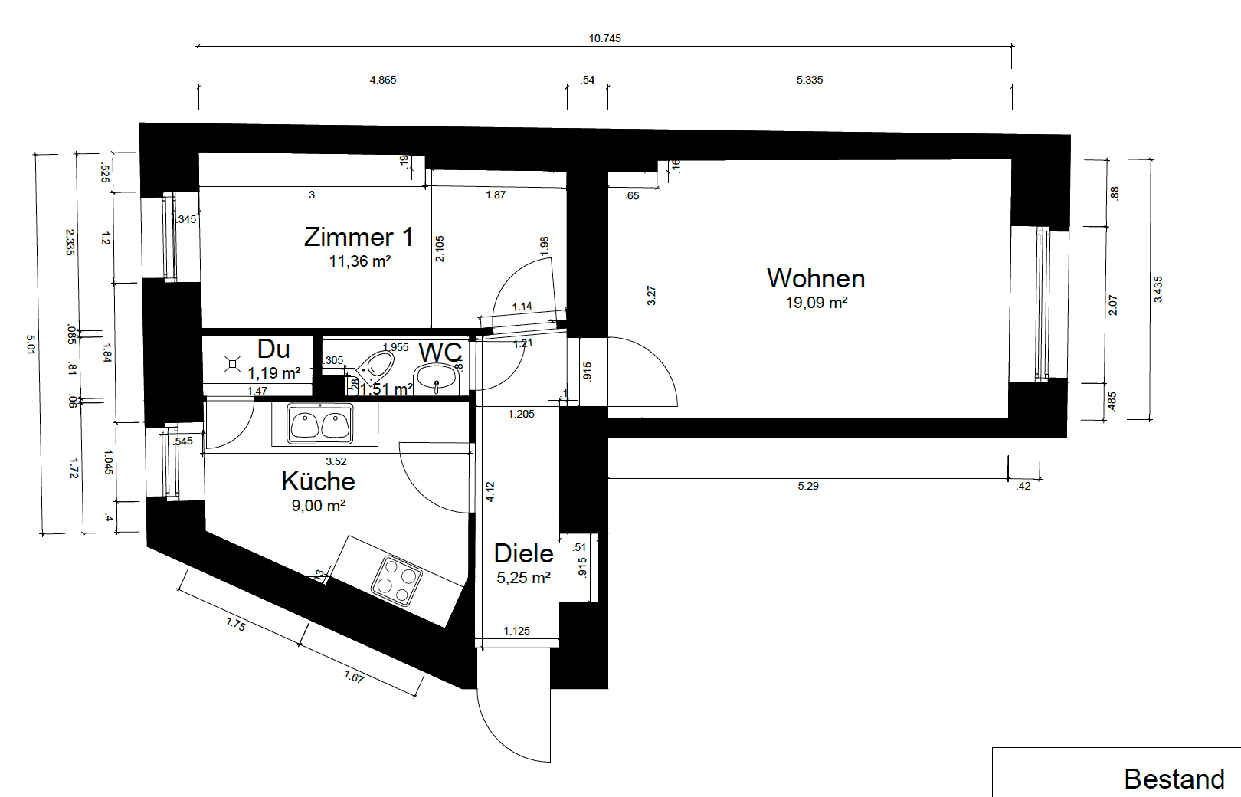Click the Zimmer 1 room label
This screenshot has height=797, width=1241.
[359, 237]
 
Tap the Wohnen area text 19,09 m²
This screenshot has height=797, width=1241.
[816, 303]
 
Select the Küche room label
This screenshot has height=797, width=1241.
[318, 481]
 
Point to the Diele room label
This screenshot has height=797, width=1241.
[523, 553]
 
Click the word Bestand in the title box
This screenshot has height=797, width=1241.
[1174, 779]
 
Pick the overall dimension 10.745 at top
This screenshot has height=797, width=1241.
[604, 38]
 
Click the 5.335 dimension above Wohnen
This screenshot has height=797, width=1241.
[809, 80]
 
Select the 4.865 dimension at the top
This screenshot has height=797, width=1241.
[382, 80]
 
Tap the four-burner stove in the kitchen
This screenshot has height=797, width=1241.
[397, 580]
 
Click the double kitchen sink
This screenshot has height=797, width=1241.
[320, 424]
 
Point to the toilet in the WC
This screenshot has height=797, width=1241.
[375, 367]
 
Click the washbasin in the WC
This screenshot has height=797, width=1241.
[436, 376]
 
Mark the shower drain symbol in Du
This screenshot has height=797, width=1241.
[232, 365]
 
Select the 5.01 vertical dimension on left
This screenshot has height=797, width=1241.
[31, 343]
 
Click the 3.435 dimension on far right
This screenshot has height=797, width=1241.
[1158, 289]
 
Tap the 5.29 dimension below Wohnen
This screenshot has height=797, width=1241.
[807, 486]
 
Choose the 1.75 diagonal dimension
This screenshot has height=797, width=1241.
[236, 625]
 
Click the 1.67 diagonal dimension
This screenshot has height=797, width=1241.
[354, 677]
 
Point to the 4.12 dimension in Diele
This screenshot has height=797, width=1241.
[490, 491]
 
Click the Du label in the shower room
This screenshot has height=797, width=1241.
[273, 349]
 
